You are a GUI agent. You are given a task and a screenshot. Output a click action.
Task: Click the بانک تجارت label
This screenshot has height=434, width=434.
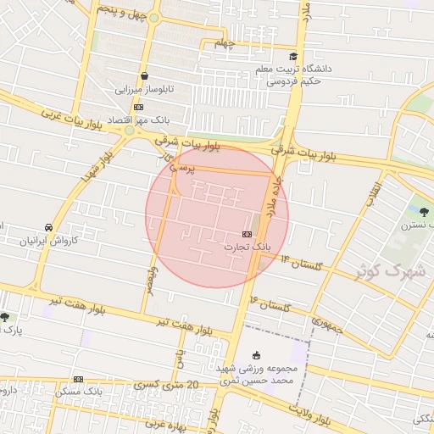(x=246, y=248)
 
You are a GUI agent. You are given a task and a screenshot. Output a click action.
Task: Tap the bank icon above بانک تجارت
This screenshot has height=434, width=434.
(x=247, y=234)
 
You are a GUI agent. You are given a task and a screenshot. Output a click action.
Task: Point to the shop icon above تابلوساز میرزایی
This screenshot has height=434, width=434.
(x=144, y=76)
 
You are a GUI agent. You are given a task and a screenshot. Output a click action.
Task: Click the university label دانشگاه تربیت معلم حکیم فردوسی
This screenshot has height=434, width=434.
(x=300, y=74)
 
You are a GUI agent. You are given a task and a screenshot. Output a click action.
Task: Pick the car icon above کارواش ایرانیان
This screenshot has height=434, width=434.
(x=49, y=227)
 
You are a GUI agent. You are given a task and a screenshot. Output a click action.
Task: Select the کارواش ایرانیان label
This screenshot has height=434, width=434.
(x=49, y=241)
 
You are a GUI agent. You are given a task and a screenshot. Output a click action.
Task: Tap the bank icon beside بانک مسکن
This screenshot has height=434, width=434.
(x=79, y=379)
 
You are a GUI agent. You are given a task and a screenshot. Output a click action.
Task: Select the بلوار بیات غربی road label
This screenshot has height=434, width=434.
(x=76, y=119)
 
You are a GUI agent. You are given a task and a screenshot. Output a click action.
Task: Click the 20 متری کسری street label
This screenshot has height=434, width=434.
(x=161, y=386)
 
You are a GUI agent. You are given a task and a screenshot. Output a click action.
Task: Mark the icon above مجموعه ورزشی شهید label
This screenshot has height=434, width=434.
(x=257, y=355)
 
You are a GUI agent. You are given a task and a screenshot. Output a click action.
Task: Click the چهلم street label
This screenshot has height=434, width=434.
(x=223, y=42)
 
